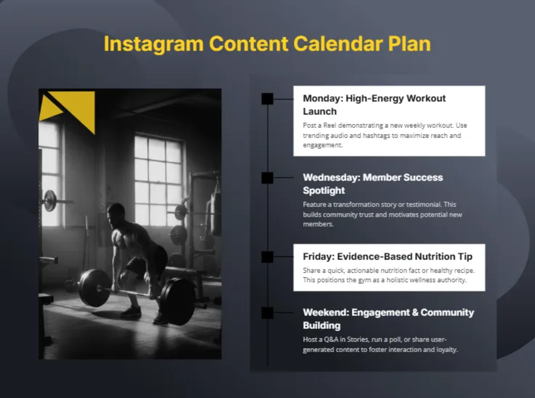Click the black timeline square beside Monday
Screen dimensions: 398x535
(x=267, y=98)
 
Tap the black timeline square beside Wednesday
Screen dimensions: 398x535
(x=267, y=177)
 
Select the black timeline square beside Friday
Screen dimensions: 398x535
(x=267, y=257)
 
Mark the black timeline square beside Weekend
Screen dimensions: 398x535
(x=267, y=312)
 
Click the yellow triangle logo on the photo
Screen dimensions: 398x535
(x=74, y=107)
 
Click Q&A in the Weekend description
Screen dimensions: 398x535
(x=332, y=339)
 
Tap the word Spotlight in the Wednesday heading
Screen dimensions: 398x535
(x=324, y=190)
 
